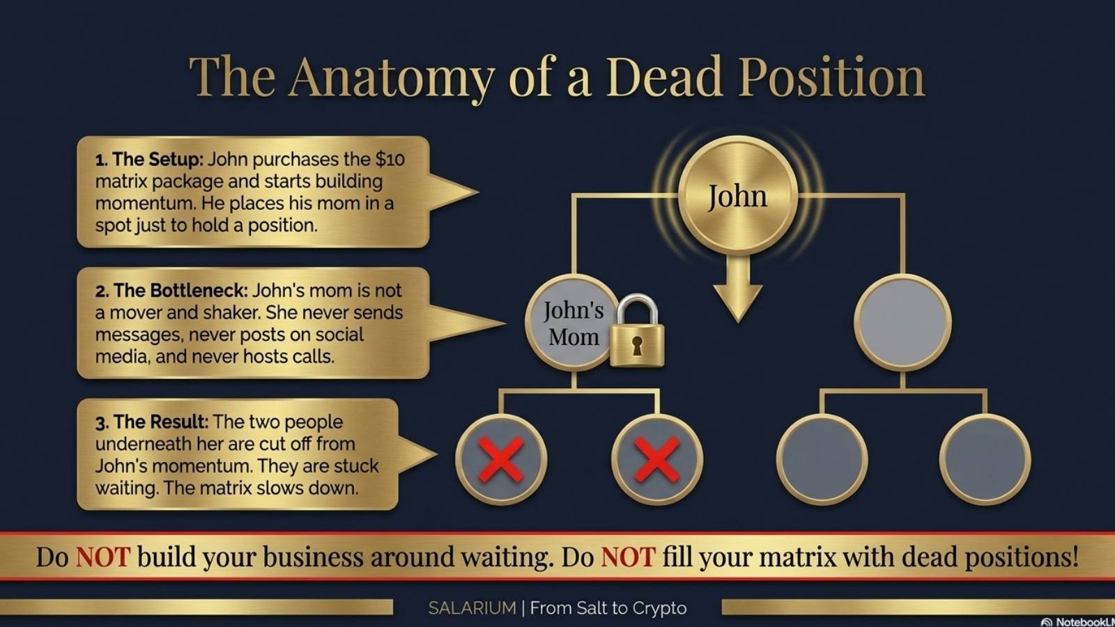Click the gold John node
[x=738, y=196]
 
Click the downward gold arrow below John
[x=738, y=288]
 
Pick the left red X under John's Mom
[x=501, y=460]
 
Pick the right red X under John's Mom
[x=657, y=460]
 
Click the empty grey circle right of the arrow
[x=902, y=323]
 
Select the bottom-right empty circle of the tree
[x=985, y=460]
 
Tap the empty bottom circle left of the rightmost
[x=822, y=460]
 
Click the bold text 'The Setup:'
[x=149, y=160]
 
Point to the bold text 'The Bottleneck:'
[x=171, y=291]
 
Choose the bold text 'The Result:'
[x=152, y=422]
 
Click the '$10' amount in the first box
[x=390, y=160]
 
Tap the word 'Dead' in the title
[x=664, y=77]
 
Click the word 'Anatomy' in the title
[x=391, y=79]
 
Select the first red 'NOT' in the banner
[x=103, y=557]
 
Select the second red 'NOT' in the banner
[x=628, y=557]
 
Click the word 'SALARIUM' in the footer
[x=472, y=608]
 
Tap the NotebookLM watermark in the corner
[x=1077, y=621]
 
